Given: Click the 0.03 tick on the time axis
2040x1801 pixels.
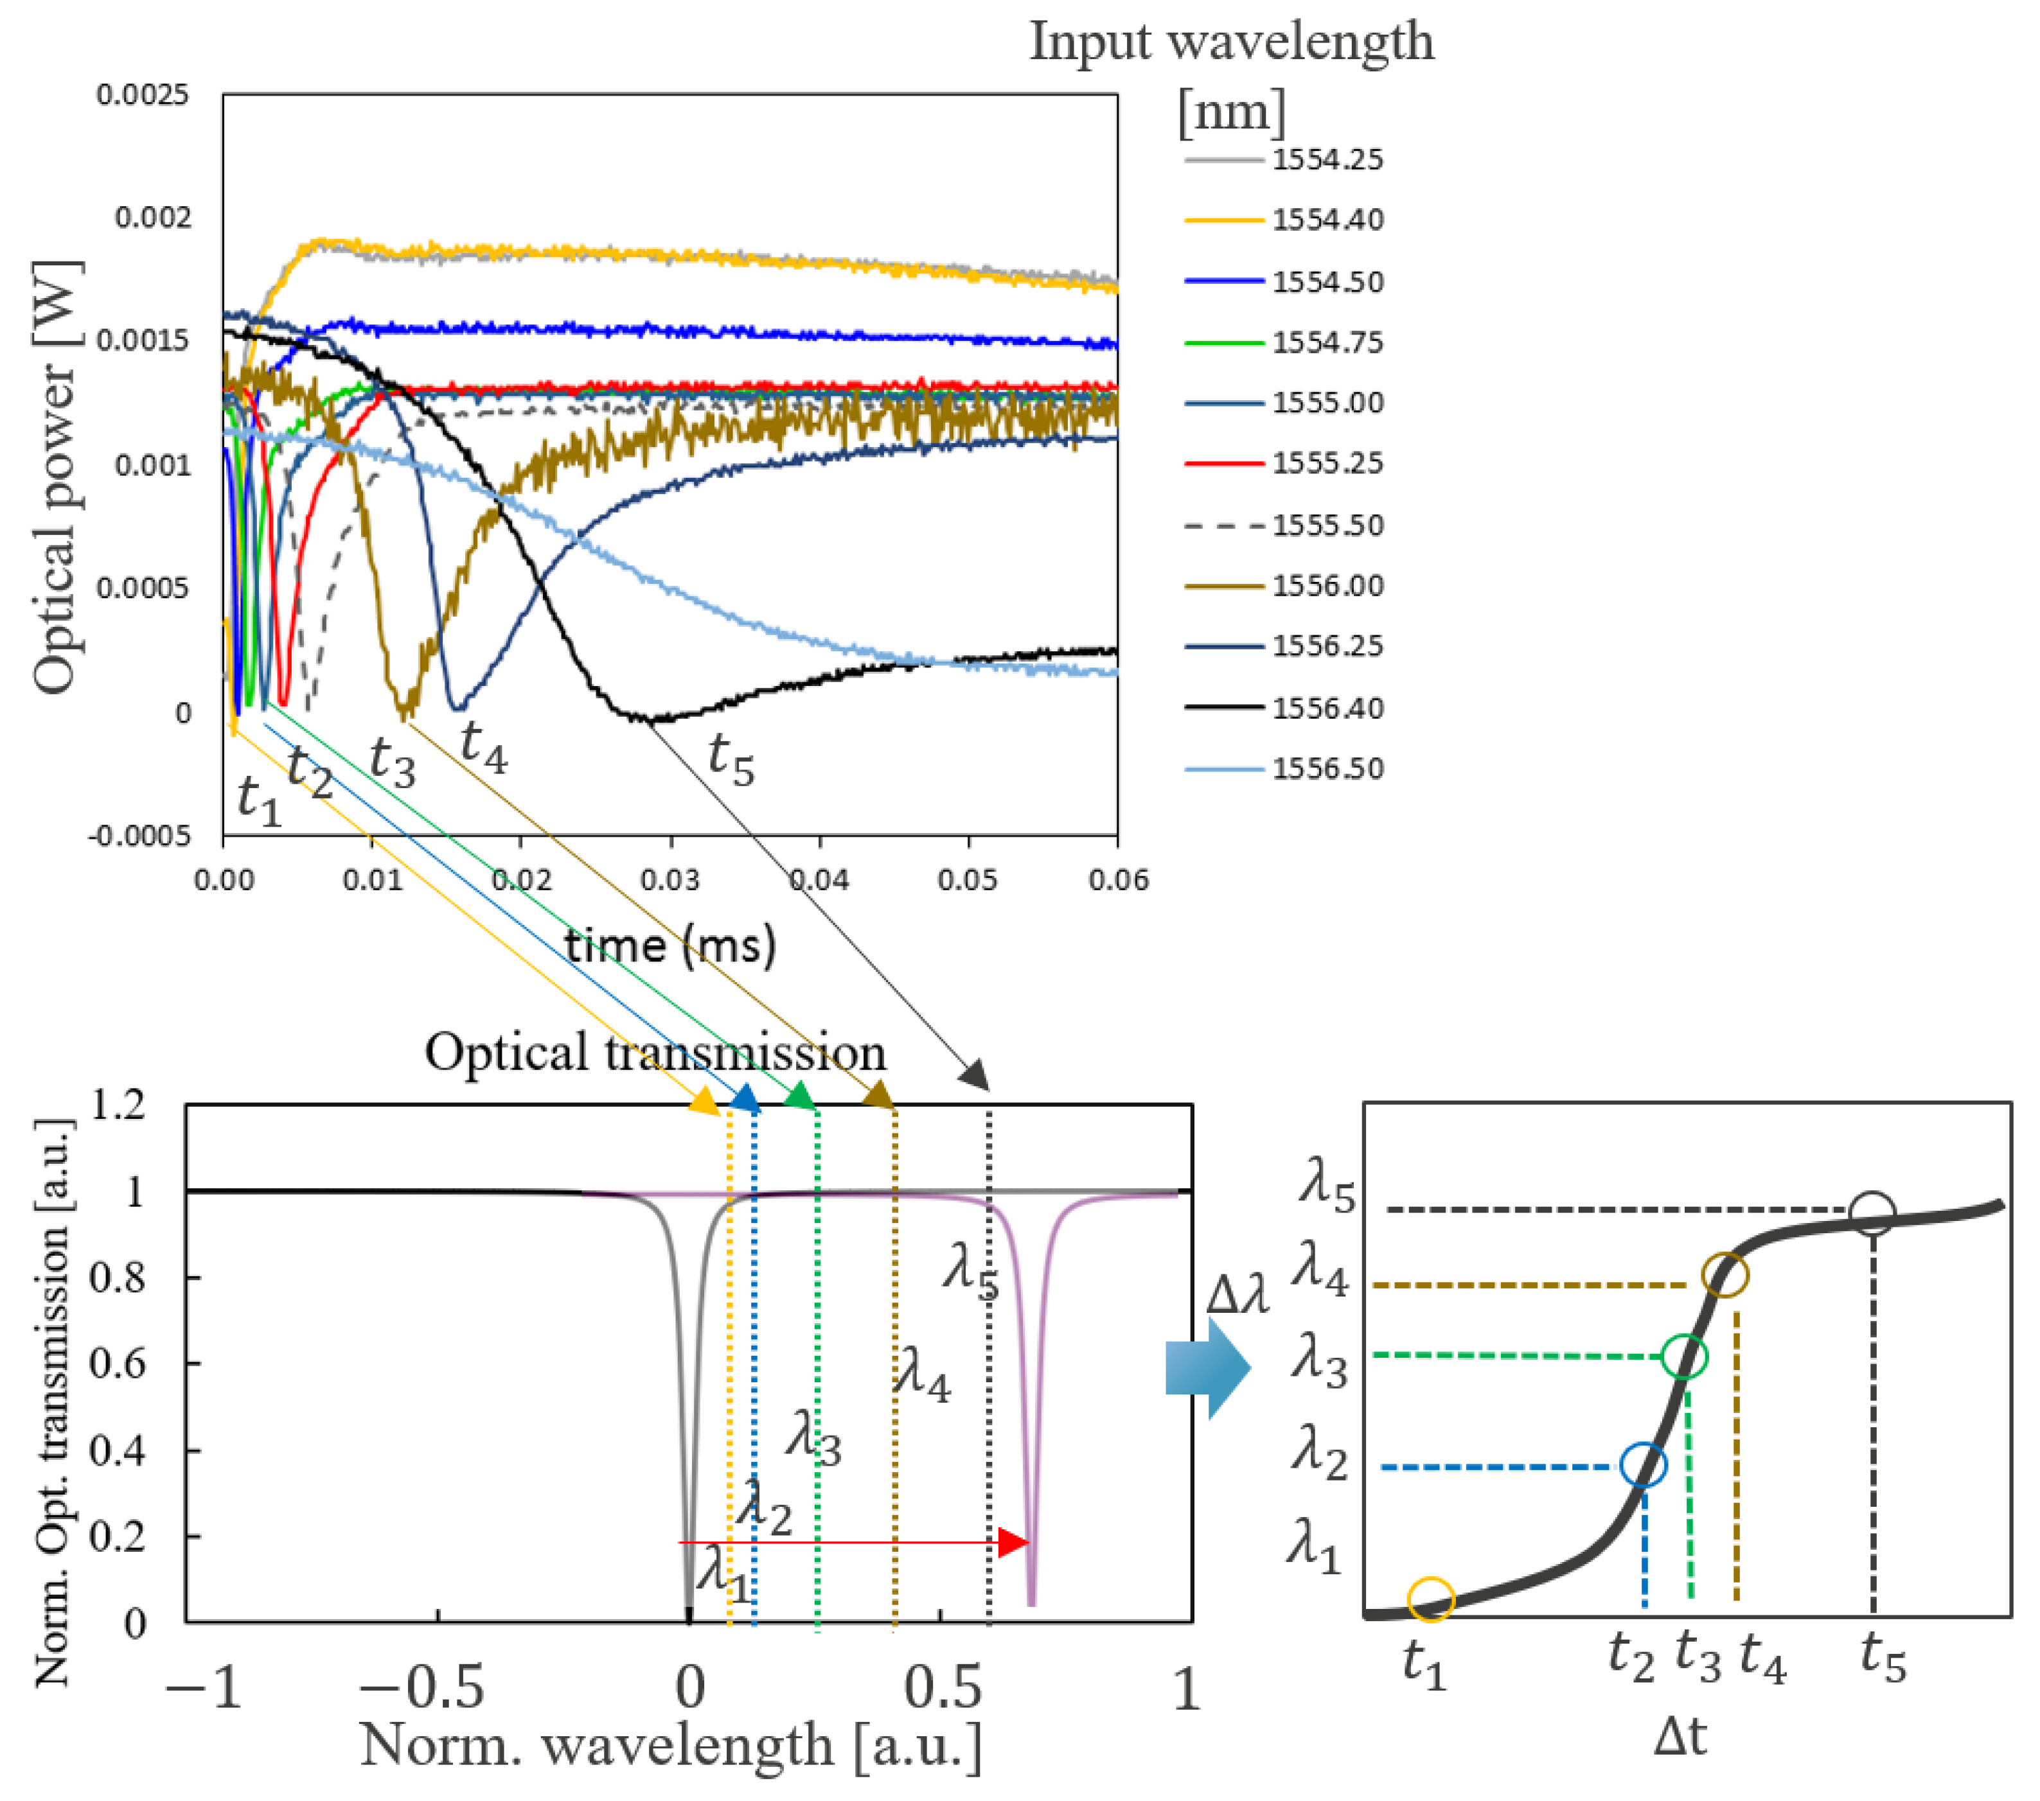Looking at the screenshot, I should (670, 880).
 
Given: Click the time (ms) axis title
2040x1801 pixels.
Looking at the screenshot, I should (670, 944).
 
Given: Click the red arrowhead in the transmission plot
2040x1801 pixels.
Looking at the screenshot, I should (1013, 1543).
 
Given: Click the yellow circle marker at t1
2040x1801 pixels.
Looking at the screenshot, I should (1430, 1599).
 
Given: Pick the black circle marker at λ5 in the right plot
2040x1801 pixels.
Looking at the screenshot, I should (1871, 1215).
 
